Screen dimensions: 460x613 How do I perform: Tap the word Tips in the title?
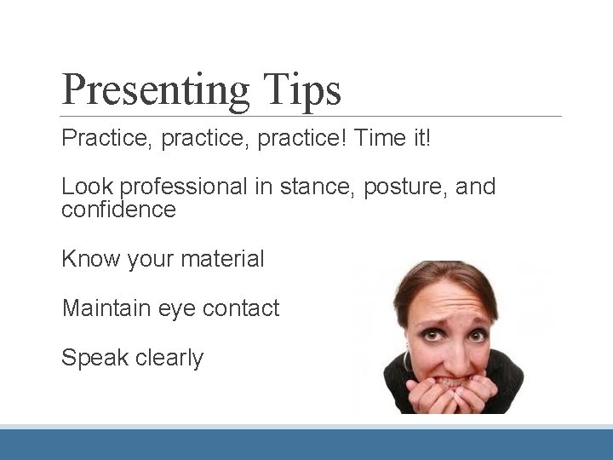coord(303,89)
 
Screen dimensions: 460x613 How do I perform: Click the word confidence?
coord(118,210)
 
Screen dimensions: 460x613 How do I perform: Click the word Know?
coord(89,258)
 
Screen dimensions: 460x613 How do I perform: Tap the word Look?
coord(88,187)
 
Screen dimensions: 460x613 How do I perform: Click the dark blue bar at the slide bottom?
coord(306,444)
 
